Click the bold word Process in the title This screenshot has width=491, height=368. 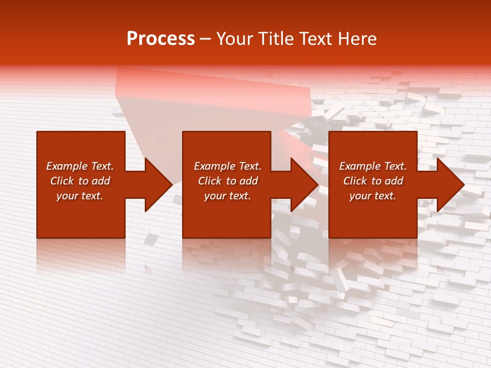pyautogui.click(x=161, y=39)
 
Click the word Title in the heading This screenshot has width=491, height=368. pyautogui.click(x=274, y=39)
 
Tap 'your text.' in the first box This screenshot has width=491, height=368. pyautogui.click(x=80, y=196)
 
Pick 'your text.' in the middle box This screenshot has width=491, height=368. pyautogui.click(x=227, y=196)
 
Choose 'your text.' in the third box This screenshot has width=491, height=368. pyautogui.click(x=373, y=196)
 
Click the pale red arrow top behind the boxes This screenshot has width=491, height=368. pyautogui.click(x=215, y=89)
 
